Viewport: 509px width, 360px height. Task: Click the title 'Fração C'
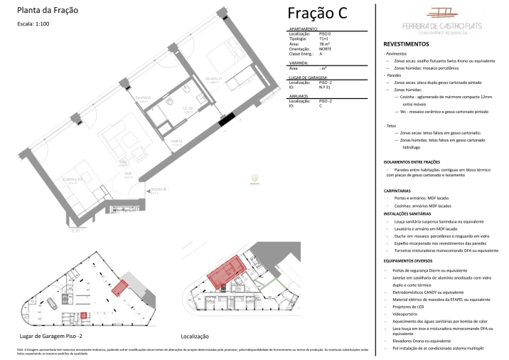click(x=317, y=14)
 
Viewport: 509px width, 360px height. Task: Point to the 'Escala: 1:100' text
click(x=33, y=23)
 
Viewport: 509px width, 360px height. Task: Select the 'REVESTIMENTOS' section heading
click(x=405, y=43)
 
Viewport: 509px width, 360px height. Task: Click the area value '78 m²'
click(x=325, y=43)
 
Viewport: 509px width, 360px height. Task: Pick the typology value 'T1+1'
click(x=325, y=38)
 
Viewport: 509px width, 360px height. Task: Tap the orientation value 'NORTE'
click(x=326, y=48)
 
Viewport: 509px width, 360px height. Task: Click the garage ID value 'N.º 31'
click(x=326, y=87)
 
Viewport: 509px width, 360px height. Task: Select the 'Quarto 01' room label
click(x=214, y=78)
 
